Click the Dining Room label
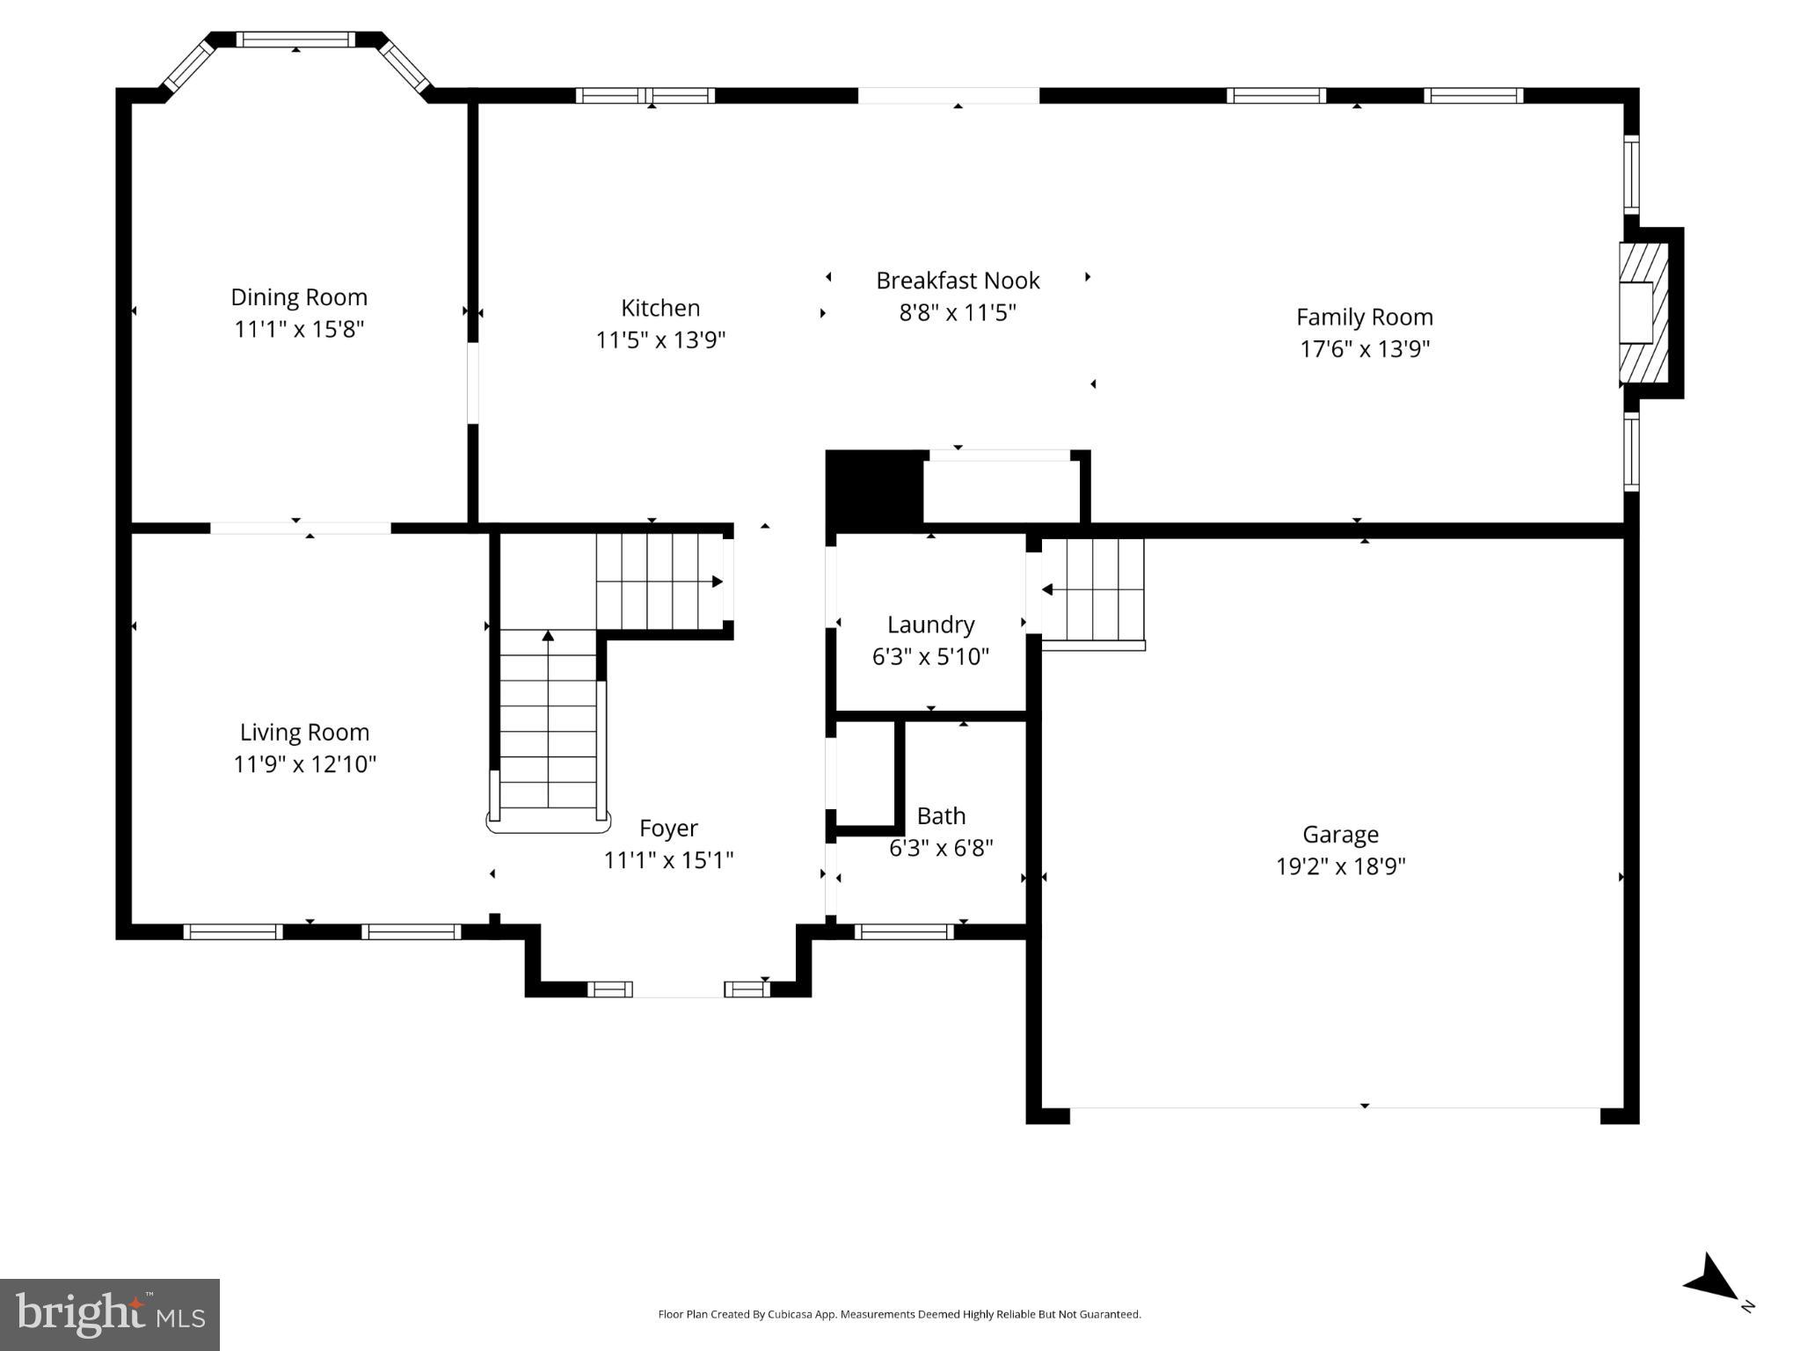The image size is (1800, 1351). click(299, 297)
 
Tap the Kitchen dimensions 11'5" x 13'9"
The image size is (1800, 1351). click(660, 340)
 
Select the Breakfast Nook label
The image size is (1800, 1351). click(958, 281)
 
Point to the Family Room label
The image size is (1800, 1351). click(1364, 317)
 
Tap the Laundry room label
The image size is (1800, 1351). click(930, 624)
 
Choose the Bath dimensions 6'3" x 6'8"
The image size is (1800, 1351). click(941, 849)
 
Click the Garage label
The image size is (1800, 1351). click(1340, 834)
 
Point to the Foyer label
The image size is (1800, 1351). click(668, 829)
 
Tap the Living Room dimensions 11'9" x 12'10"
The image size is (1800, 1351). click(304, 764)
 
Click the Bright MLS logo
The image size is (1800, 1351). click(110, 1314)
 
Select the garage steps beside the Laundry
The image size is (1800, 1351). click(1093, 590)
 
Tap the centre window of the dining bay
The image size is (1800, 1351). click(296, 40)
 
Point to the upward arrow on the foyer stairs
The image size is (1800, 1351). click(548, 635)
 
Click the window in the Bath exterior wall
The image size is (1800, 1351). click(904, 932)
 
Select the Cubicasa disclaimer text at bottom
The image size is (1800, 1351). click(899, 1315)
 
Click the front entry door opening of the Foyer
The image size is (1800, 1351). click(678, 990)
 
